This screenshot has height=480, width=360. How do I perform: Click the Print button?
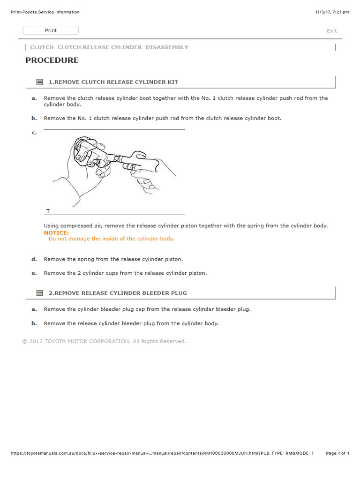point(51,30)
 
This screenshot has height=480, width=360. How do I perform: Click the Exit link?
point(331,31)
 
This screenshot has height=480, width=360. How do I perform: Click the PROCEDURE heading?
point(52,60)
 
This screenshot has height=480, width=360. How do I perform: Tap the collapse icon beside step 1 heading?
point(40,82)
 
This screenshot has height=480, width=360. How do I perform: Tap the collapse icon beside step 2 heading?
point(40,293)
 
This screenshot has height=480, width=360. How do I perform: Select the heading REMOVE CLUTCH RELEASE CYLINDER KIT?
point(113,82)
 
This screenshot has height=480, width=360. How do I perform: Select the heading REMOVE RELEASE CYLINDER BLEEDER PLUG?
point(118,293)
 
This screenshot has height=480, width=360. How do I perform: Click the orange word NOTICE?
point(56,232)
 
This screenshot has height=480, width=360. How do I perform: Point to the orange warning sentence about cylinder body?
point(112,239)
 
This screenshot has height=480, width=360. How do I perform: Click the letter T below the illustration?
point(48,211)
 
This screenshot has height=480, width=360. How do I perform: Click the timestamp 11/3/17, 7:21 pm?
point(332,12)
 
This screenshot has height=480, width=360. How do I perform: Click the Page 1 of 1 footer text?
point(337,453)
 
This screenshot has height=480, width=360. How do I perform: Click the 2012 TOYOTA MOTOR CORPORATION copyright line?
point(104,341)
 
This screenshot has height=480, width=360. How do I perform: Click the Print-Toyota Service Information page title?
point(45,12)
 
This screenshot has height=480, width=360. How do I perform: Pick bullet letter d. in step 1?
point(34,259)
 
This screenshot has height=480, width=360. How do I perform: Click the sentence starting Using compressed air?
point(186,226)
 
